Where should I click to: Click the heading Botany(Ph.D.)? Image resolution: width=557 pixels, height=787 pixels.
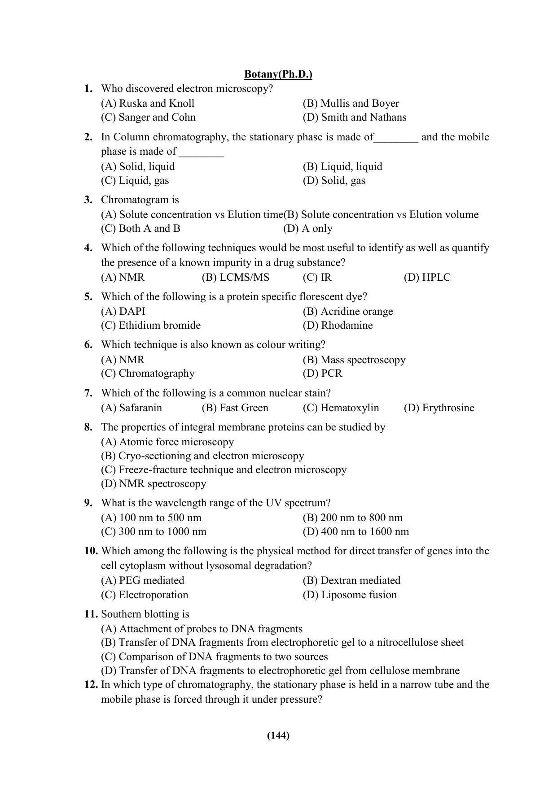click(x=278, y=74)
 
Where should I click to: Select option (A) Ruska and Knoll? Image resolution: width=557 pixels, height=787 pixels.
click(x=148, y=104)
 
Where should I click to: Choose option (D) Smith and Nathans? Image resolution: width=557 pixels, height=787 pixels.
click(x=354, y=117)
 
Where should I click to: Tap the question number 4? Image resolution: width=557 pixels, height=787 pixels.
click(x=88, y=248)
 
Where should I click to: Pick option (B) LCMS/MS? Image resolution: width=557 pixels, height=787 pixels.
click(x=235, y=278)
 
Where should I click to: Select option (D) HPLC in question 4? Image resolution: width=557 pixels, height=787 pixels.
click(x=427, y=278)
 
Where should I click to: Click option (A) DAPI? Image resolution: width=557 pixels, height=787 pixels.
click(x=123, y=312)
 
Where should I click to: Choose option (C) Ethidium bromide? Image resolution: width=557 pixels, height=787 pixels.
click(x=151, y=326)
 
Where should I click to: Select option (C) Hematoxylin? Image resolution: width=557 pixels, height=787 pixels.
click(x=341, y=408)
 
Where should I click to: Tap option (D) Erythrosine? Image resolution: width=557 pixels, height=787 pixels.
click(x=439, y=408)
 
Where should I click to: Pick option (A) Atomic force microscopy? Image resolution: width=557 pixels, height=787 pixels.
click(x=167, y=442)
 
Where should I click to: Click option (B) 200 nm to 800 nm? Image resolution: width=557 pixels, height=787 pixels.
click(x=353, y=518)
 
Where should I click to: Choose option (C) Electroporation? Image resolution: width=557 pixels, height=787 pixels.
click(x=145, y=595)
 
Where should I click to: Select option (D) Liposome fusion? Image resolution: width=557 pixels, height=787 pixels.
click(x=350, y=595)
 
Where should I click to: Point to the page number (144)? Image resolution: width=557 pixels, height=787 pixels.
click(x=278, y=735)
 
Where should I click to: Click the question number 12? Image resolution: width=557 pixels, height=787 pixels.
click(x=91, y=685)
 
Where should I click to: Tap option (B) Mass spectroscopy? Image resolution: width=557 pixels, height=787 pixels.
click(x=354, y=360)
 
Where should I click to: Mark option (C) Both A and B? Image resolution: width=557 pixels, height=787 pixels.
click(x=140, y=229)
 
